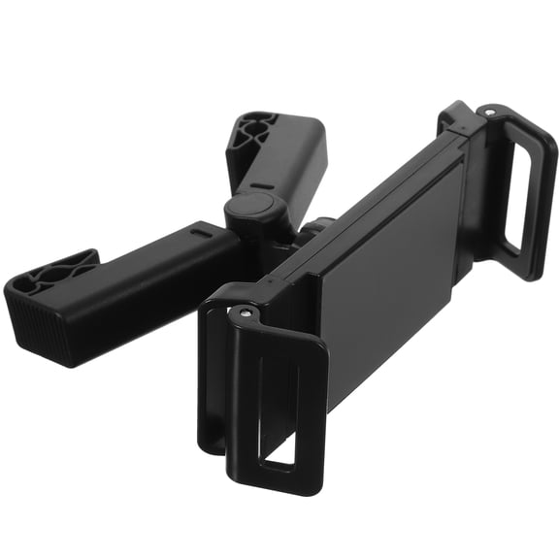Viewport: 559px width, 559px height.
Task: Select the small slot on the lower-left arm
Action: click(x=202, y=234)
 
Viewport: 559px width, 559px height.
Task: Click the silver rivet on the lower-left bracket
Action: click(x=245, y=313)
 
